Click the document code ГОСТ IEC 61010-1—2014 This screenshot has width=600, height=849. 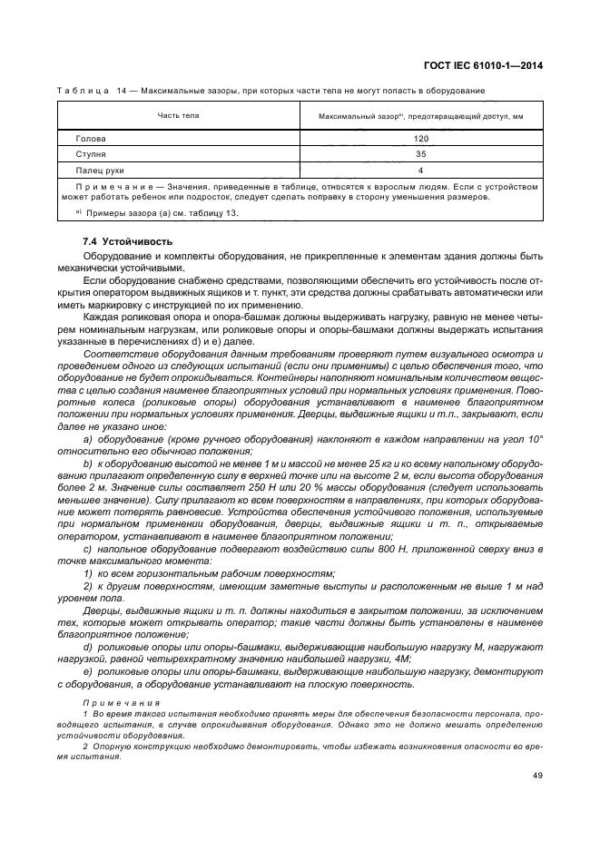[480, 65]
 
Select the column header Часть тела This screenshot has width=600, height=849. [178, 116]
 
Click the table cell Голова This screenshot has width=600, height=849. [91, 139]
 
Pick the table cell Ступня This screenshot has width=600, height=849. [91, 154]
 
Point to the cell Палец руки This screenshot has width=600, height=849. [100, 170]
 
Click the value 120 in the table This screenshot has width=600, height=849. [420, 139]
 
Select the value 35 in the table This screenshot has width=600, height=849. [420, 154]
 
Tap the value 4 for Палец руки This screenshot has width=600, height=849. [420, 170]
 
